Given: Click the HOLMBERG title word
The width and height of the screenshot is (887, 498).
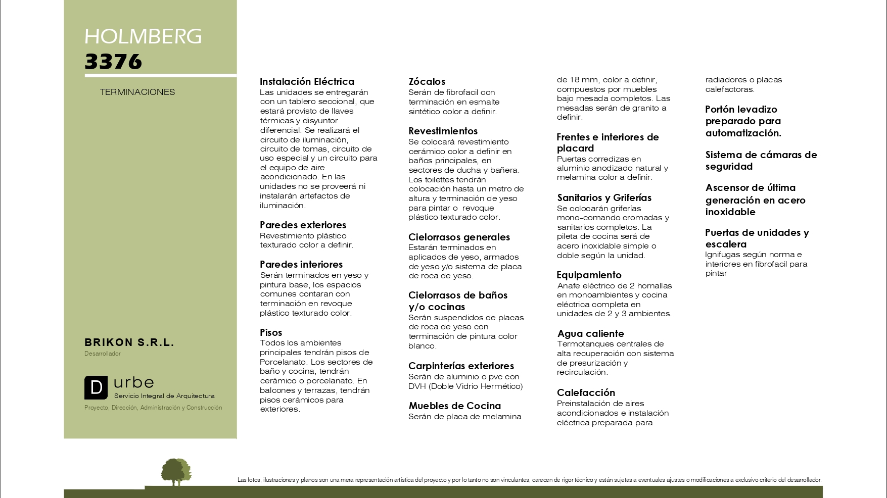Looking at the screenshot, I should [x=143, y=36].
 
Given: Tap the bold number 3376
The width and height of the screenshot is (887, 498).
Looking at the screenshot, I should [x=113, y=62].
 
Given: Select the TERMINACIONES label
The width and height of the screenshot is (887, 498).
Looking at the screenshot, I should [x=137, y=92].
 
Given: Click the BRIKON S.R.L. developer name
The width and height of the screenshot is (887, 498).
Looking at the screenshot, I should [x=129, y=342].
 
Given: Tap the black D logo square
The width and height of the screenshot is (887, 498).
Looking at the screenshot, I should [x=96, y=388].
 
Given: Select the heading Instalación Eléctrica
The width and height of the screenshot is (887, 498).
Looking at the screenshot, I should [x=307, y=81].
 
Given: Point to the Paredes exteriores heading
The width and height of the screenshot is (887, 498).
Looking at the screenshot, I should [x=303, y=225].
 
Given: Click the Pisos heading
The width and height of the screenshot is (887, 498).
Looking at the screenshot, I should [x=271, y=332].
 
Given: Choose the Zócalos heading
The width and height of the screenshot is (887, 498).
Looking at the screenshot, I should [x=427, y=81].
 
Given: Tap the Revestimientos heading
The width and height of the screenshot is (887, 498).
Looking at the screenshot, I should [x=443, y=131].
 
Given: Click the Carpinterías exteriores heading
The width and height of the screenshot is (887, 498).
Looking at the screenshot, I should [x=461, y=366].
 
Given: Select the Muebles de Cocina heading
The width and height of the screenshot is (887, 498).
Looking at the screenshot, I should [x=454, y=406].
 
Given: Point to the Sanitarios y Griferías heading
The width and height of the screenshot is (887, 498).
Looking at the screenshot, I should [x=604, y=197].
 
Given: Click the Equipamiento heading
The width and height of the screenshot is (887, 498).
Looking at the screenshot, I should [x=589, y=275].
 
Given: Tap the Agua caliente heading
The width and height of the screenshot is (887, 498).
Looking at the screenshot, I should [x=590, y=333].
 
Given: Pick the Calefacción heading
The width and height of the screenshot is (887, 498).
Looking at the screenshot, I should [x=586, y=392].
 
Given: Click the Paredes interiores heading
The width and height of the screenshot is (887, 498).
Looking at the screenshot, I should [x=301, y=264].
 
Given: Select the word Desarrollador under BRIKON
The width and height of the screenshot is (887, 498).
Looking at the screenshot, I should [x=103, y=354].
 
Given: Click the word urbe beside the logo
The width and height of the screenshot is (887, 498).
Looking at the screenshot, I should [x=134, y=382].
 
